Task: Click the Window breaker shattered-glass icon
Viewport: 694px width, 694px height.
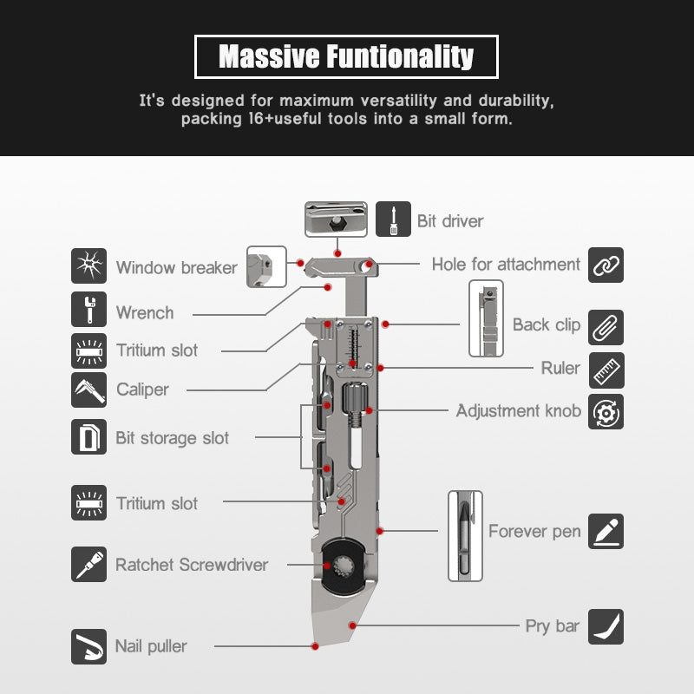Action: (x=89, y=265)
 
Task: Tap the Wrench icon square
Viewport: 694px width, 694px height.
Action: (x=89, y=309)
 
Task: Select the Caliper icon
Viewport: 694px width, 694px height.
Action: (x=89, y=390)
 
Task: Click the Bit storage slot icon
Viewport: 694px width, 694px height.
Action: (x=89, y=437)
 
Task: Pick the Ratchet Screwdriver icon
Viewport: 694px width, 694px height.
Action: (x=89, y=565)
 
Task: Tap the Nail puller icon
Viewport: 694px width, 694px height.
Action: (x=89, y=646)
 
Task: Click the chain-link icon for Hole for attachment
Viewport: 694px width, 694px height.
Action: (x=606, y=265)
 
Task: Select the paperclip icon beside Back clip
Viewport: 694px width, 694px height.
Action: (x=606, y=328)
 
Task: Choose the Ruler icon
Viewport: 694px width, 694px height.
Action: (x=606, y=370)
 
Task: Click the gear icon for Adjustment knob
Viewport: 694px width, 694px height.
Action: (x=606, y=412)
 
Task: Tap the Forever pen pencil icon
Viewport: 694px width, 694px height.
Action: (x=606, y=531)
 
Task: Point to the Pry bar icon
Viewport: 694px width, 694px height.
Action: (x=606, y=626)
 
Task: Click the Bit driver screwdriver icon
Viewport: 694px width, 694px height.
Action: (x=394, y=219)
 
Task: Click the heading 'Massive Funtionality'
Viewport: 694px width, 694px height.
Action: (x=346, y=56)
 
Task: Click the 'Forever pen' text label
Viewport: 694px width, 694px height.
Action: (x=534, y=531)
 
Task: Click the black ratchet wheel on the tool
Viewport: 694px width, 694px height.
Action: (x=344, y=566)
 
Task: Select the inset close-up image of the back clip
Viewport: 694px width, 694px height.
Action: (x=486, y=318)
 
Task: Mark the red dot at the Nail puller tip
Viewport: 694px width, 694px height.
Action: (x=315, y=646)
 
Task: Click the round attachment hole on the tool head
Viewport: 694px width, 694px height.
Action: (x=365, y=267)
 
